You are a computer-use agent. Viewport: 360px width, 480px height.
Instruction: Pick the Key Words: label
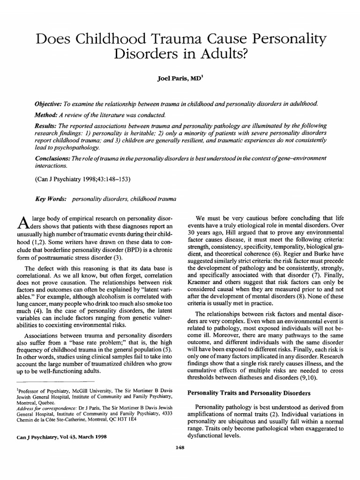(x=51, y=199)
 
